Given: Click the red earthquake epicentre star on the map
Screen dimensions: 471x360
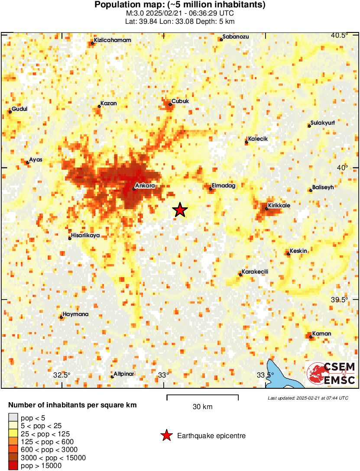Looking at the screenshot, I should pyautogui.click(x=180, y=210).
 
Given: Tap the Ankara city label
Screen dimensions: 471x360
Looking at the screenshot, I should pyautogui.click(x=145, y=186).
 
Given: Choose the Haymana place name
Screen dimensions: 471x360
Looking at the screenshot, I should pyautogui.click(x=75, y=314).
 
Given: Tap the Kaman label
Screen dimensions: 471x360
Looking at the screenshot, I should pyautogui.click(x=322, y=333).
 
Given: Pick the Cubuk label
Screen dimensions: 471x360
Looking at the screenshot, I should pyautogui.click(x=180, y=101).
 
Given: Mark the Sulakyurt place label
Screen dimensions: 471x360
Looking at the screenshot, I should pyautogui.click(x=323, y=123).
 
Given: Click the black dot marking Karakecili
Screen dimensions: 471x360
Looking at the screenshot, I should pyautogui.click(x=240, y=274).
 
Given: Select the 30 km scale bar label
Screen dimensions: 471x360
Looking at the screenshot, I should pyautogui.click(x=202, y=407).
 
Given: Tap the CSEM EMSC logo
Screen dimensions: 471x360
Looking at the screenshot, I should pyautogui.click(x=331, y=374).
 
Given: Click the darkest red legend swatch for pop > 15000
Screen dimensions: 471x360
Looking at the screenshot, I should pyautogui.click(x=13, y=466).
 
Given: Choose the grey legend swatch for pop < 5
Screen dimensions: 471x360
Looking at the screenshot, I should pyautogui.click(x=13, y=418).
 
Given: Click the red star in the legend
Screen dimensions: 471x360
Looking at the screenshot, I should pyautogui.click(x=166, y=436).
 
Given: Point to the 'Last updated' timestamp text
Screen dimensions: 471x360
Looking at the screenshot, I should pyautogui.click(x=308, y=398).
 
